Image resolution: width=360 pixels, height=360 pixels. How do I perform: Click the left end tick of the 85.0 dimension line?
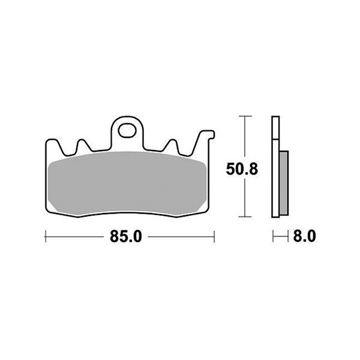point(46,237)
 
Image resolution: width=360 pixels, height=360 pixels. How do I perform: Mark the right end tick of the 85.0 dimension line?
point(214,237)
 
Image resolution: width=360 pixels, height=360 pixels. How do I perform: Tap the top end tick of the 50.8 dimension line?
point(243,115)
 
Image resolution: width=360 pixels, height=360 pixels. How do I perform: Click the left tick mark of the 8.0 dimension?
point(273,237)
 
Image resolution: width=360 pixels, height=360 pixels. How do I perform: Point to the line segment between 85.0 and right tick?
point(180,237)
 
